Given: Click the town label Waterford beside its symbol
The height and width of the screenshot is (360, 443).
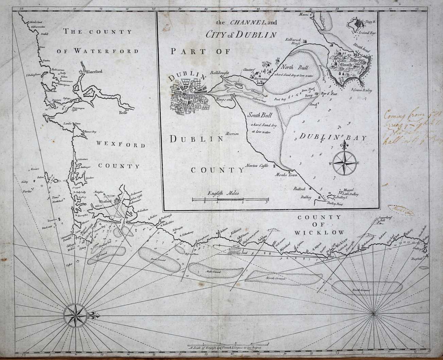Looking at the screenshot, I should tap(93, 72).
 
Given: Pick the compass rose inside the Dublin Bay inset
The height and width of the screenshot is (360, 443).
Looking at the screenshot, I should tap(344, 163).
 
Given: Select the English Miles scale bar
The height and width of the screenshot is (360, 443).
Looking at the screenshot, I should tap(230, 199).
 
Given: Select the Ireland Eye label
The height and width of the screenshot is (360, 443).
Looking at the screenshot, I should tap(368, 33).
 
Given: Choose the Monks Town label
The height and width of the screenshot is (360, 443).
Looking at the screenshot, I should tap(288, 175).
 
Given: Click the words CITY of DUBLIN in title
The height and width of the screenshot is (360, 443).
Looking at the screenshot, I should tap(241, 34).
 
